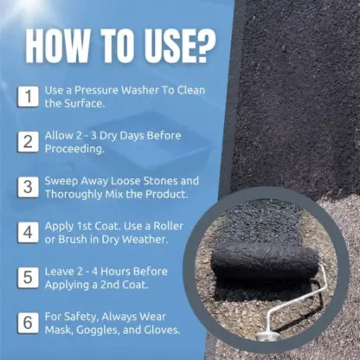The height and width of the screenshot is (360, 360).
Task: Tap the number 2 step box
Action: [x=29, y=141]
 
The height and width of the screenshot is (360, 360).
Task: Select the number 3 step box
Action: [x=29, y=187]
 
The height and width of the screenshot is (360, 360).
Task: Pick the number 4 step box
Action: [x=29, y=233]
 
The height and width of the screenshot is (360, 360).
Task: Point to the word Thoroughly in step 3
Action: [x=77, y=195]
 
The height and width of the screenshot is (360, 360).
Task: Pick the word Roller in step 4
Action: [x=178, y=226]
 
